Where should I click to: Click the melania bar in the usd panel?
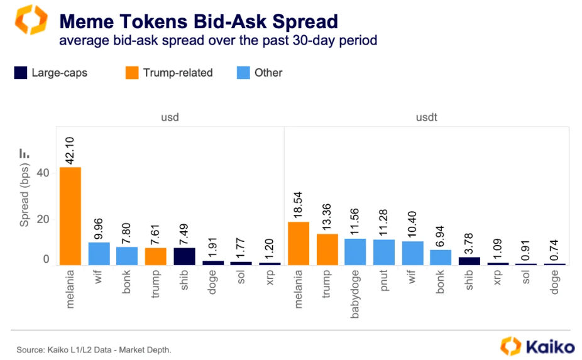70,215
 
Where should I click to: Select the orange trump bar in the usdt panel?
327,249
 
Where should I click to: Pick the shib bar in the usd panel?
185,256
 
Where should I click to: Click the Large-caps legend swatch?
21,73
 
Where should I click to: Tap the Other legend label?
268,73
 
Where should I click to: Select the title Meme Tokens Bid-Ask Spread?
199,21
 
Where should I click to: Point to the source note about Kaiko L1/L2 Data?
94,349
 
